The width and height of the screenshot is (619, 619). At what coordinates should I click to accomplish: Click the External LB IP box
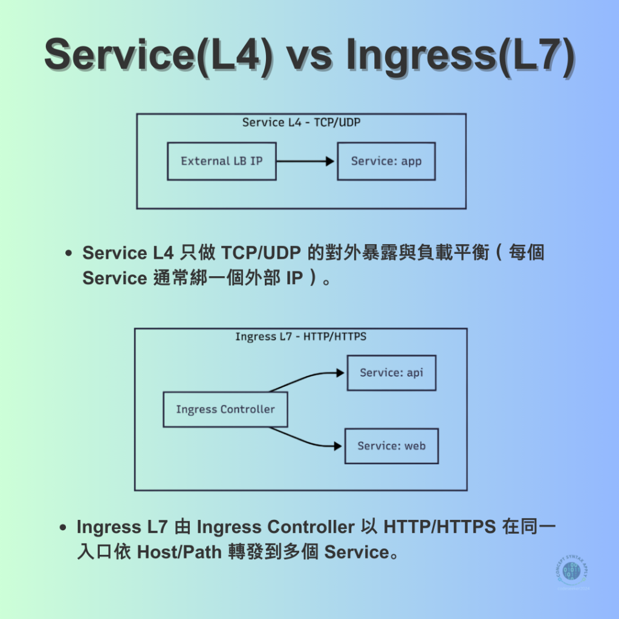221,161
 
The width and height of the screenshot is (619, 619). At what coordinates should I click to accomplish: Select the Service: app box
386,161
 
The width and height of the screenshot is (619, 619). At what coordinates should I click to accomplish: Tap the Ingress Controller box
225,410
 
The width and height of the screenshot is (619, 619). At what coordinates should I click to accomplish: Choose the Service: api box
391,373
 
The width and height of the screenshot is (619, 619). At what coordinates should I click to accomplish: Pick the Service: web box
391,446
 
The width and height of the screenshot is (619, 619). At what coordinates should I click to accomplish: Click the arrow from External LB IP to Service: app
305,161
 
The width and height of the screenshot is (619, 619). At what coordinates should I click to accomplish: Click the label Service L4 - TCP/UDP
301,123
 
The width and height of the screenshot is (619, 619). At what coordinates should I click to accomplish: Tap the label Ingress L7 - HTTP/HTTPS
300,337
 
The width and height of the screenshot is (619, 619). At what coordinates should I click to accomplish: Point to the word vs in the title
309,56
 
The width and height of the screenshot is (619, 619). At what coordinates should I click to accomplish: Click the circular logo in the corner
571,571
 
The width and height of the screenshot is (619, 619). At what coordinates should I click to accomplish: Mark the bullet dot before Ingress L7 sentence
63,528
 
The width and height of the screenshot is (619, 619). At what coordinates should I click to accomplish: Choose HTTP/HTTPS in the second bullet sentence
440,527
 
